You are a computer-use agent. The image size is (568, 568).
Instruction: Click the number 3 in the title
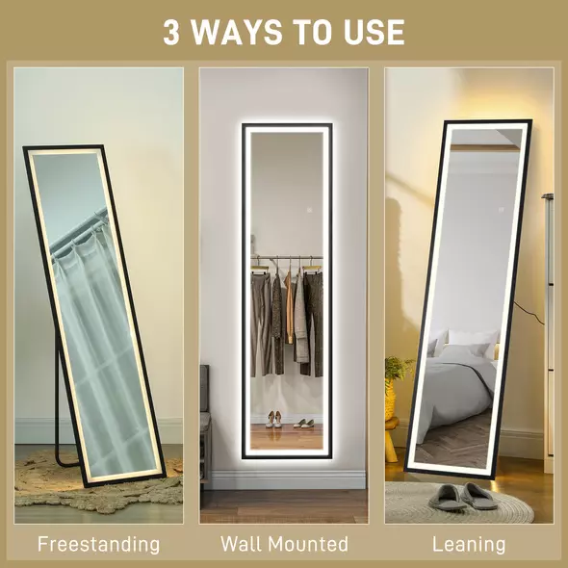pos(171,32)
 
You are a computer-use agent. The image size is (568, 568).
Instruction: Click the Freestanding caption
pos(98,544)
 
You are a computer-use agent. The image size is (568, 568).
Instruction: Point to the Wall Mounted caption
pos(284,544)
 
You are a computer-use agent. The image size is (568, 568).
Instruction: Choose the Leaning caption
pos(469,544)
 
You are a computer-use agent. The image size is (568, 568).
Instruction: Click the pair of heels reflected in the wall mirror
pos(273,419)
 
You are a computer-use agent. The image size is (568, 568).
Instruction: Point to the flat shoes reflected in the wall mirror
pos(303,422)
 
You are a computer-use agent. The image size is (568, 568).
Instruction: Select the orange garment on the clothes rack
pos(288,308)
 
